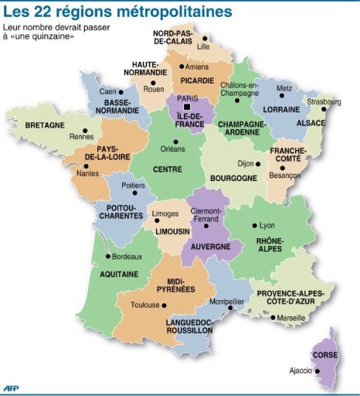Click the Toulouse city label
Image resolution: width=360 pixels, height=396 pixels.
[147, 305]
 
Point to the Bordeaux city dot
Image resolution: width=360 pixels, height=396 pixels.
[108, 257]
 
